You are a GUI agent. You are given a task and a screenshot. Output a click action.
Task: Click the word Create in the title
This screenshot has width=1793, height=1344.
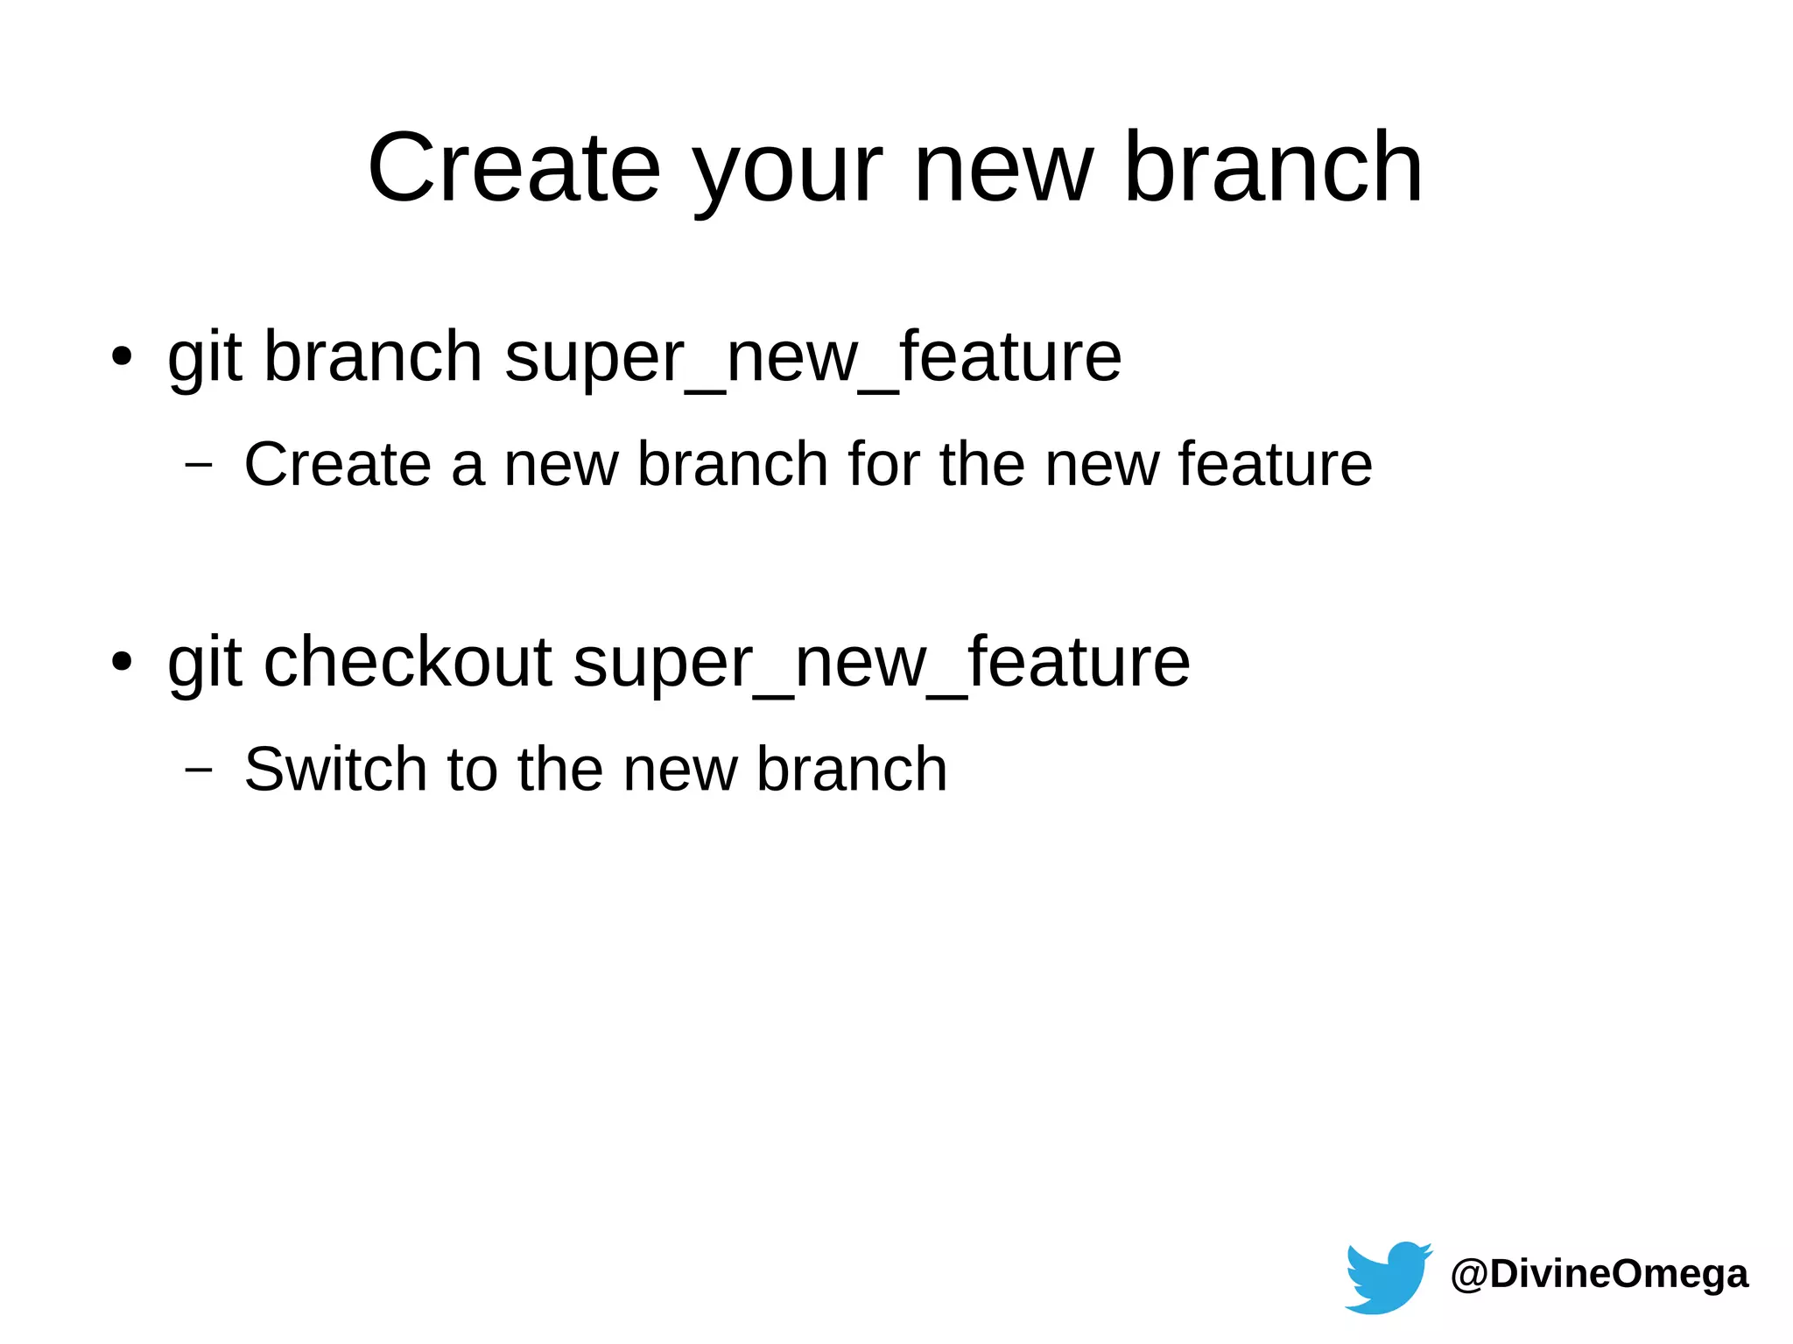pyautogui.click(x=514, y=167)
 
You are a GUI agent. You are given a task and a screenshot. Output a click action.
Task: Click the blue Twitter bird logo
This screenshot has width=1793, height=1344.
pyautogui.click(x=1388, y=1277)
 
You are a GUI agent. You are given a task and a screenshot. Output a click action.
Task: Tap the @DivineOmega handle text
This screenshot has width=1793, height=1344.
pyautogui.click(x=1599, y=1274)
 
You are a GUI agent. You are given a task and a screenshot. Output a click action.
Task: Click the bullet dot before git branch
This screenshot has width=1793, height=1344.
pyautogui.click(x=122, y=357)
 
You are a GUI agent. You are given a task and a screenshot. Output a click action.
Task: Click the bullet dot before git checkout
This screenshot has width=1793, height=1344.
pyautogui.click(x=122, y=663)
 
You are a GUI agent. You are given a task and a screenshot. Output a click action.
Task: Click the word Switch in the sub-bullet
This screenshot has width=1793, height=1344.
pyautogui.click(x=335, y=769)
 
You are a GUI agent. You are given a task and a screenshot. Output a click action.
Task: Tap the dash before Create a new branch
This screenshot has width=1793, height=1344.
pyautogui.click(x=199, y=464)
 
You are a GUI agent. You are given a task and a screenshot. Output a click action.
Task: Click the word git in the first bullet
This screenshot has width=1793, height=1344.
pyautogui.click(x=204, y=359)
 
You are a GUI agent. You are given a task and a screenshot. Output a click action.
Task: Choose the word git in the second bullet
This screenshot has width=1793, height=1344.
pyautogui.click(x=204, y=664)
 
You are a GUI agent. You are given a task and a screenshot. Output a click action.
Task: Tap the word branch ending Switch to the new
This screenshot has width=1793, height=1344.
pyautogui.click(x=851, y=769)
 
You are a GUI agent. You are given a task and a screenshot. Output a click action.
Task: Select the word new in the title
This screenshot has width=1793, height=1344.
pyautogui.click(x=1003, y=167)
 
